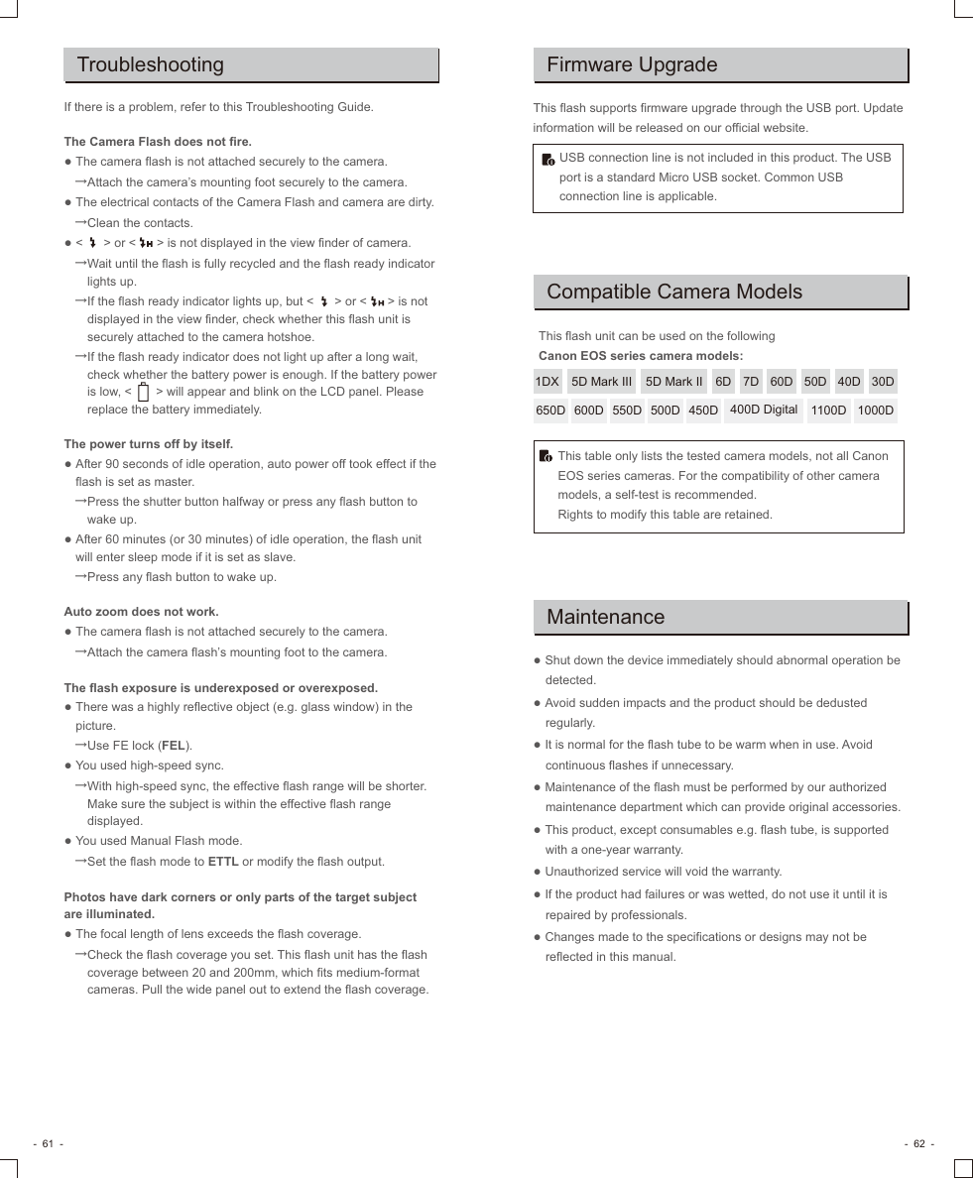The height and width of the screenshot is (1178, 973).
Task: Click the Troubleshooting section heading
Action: [151, 65]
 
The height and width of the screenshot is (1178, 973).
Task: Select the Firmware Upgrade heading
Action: [632, 65]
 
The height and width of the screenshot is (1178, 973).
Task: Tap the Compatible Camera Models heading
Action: [674, 292]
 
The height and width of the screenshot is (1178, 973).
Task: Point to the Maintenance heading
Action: [606, 617]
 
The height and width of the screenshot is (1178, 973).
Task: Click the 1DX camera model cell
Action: [547, 382]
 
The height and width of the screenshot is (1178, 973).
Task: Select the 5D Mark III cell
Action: [601, 382]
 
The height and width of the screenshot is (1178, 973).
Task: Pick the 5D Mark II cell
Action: [673, 382]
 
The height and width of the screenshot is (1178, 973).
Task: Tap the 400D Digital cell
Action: [764, 410]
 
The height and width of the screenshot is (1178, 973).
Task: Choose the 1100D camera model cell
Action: [828, 411]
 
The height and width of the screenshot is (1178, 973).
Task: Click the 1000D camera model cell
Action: [876, 411]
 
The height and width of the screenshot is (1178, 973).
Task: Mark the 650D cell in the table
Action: [550, 411]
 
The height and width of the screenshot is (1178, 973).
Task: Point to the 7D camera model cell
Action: [751, 382]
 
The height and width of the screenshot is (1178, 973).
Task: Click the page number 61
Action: [48, 1143]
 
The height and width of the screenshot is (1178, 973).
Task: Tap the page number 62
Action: [918, 1143]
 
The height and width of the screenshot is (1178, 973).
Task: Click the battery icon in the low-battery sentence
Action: [144, 393]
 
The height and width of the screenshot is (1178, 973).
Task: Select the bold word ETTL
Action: [223, 862]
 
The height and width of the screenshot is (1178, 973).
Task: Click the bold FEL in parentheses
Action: [174, 746]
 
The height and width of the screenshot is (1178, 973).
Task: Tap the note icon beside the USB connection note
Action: [547, 160]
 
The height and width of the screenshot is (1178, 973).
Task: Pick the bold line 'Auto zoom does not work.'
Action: [141, 612]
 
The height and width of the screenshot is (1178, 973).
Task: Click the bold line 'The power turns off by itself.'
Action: [149, 444]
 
